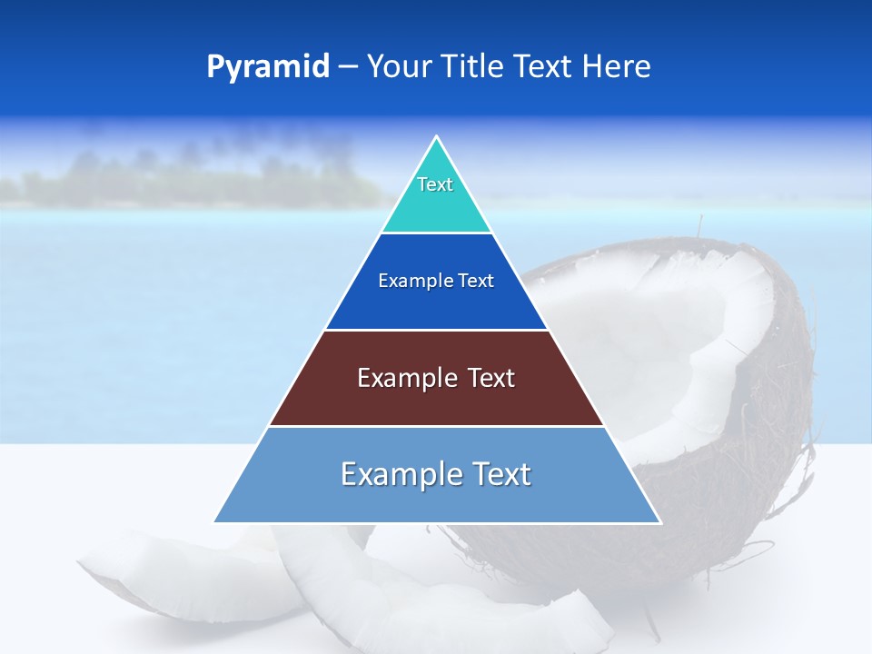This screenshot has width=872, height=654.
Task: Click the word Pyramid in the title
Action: click(x=268, y=67)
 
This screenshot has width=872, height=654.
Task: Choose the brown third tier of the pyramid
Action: click(x=436, y=400)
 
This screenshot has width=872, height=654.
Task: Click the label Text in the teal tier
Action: click(x=435, y=184)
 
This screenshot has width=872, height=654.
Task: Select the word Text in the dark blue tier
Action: click(x=475, y=281)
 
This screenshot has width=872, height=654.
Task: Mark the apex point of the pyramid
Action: click(x=437, y=137)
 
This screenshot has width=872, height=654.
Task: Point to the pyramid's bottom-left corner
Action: click(x=215, y=521)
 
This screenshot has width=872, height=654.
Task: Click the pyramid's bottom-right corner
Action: click(x=660, y=521)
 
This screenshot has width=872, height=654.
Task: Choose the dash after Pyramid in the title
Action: click(x=348, y=67)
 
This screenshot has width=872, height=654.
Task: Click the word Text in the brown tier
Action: click(x=490, y=378)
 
